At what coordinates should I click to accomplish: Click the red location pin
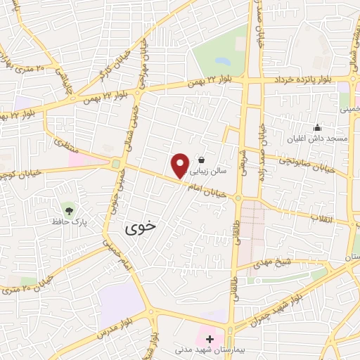181,166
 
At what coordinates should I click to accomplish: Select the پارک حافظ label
69,221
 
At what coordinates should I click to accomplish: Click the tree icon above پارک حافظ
69,209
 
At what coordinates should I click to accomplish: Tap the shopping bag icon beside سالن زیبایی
202,159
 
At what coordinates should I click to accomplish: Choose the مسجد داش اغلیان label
318,139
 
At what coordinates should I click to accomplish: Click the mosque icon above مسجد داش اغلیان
318,128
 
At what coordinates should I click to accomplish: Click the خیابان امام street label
213,188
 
